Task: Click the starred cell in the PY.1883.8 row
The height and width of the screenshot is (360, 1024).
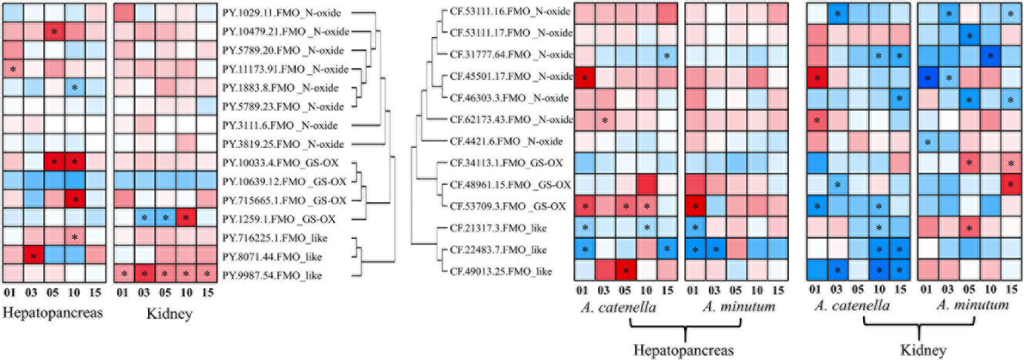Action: point(74,88)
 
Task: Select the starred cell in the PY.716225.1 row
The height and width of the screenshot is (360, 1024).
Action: point(74,236)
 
